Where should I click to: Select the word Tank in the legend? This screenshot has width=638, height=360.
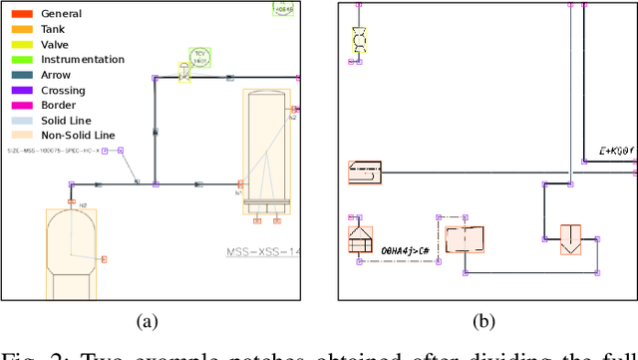pos(52,30)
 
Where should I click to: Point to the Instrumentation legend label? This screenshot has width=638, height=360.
pos(83,60)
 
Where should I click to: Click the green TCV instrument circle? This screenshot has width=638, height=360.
pos(200,58)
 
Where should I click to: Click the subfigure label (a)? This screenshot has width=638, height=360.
pos(148,321)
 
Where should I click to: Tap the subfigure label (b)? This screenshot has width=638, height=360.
pos(482,321)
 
